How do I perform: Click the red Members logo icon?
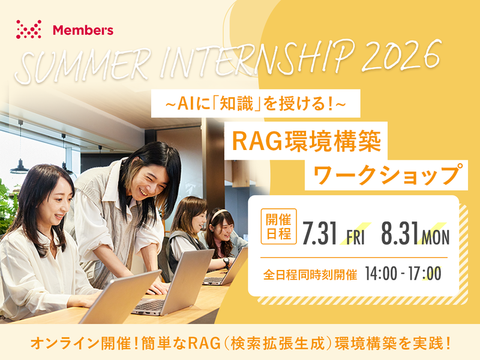(x=29, y=29)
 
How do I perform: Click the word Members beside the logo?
(x=83, y=29)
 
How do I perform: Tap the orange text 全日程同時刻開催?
(x=311, y=275)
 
